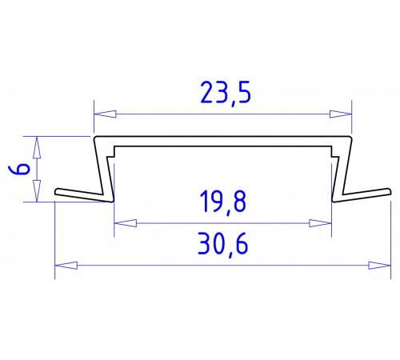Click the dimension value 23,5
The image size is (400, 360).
point(222,95)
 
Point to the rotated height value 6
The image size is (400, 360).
point(22,170)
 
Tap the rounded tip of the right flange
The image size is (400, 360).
point(389,191)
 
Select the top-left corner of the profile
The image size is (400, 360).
point(96,138)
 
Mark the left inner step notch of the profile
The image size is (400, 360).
point(114,150)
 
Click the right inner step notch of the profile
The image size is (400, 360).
point(331,150)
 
